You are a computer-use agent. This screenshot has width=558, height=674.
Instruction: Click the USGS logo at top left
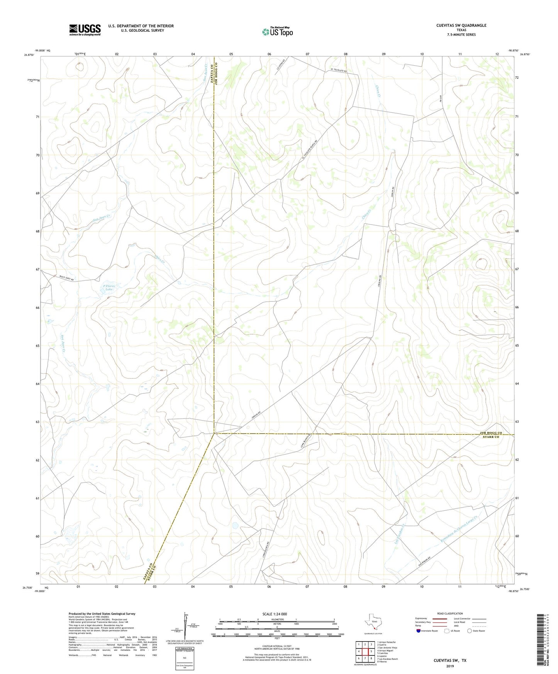pos(85,30)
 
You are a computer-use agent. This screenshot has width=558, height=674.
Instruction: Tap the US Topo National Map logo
pos(277,32)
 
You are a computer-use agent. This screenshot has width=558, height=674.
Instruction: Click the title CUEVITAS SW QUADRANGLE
pos(461,25)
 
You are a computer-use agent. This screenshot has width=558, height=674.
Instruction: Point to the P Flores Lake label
pos(109,288)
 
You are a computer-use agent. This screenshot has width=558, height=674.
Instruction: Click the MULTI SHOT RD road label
pos(66,278)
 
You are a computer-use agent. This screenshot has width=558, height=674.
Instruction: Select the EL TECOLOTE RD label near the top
pos(339,71)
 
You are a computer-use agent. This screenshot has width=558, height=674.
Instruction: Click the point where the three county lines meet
pos(214,434)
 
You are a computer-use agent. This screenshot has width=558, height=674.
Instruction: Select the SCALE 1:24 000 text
pos(275,614)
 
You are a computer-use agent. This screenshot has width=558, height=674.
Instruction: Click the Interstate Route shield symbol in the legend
pos(419,631)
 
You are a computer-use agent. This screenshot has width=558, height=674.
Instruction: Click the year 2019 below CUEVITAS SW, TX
pos(450,666)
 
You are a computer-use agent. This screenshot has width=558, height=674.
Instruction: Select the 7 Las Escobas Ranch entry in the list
pos(388,659)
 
